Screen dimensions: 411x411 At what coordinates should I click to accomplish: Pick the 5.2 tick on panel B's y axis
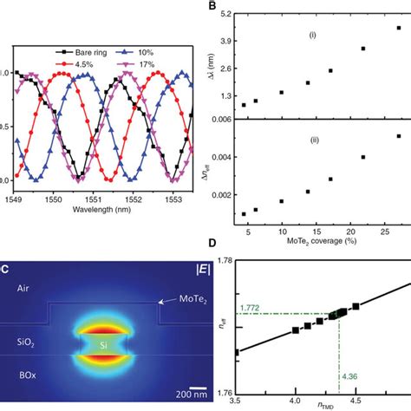point(225,16)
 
